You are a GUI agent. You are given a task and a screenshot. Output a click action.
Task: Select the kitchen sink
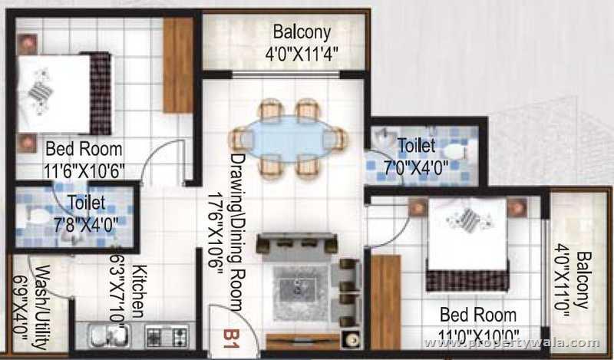point(107,335)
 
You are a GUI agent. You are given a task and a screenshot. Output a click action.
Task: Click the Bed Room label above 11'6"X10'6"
point(84,149)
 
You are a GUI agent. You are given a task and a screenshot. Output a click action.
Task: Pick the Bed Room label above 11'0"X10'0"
point(477,315)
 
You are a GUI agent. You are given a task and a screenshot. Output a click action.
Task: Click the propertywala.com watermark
point(541,342)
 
